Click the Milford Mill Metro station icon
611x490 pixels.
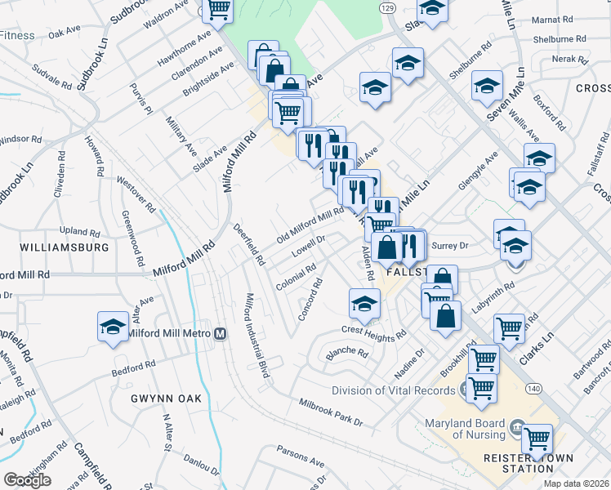tap(220, 333)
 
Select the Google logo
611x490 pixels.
tap(27, 480)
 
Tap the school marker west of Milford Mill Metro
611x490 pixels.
tap(112, 326)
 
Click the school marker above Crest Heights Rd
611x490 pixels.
tap(364, 303)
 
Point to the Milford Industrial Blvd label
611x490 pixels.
tap(258, 335)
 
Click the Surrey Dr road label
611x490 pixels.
tap(448, 245)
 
